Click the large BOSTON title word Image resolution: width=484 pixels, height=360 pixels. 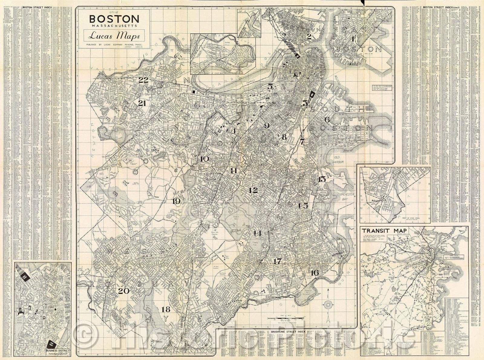coord(114,19)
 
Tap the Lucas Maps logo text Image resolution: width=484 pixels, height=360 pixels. coord(114,37)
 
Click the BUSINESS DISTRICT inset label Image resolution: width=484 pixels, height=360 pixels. coord(57,351)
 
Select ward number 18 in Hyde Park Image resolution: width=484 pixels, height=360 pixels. coord(166,309)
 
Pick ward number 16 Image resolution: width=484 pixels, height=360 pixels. coord(314,273)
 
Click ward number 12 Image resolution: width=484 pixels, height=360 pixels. coord(253,190)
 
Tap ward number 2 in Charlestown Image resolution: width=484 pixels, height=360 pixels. coord(309,37)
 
